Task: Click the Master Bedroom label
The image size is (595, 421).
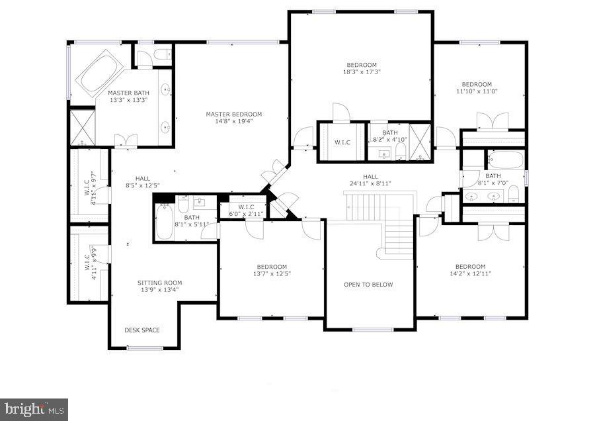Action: (x=233, y=114)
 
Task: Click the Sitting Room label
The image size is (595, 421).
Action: (x=159, y=282)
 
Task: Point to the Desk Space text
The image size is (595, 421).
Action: (x=142, y=330)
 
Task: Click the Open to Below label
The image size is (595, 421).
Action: (x=368, y=285)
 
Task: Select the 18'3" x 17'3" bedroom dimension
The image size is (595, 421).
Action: (x=362, y=72)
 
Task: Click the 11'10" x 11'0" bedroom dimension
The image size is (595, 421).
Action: (x=477, y=91)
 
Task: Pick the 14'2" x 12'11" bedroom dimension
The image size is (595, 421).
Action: (x=470, y=273)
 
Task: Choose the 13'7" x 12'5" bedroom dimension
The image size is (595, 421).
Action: (x=272, y=273)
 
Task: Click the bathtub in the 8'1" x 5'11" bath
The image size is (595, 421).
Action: (x=164, y=222)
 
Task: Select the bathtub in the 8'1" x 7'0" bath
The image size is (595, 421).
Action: (x=505, y=160)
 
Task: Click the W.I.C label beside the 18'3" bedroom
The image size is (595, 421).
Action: (x=342, y=142)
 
